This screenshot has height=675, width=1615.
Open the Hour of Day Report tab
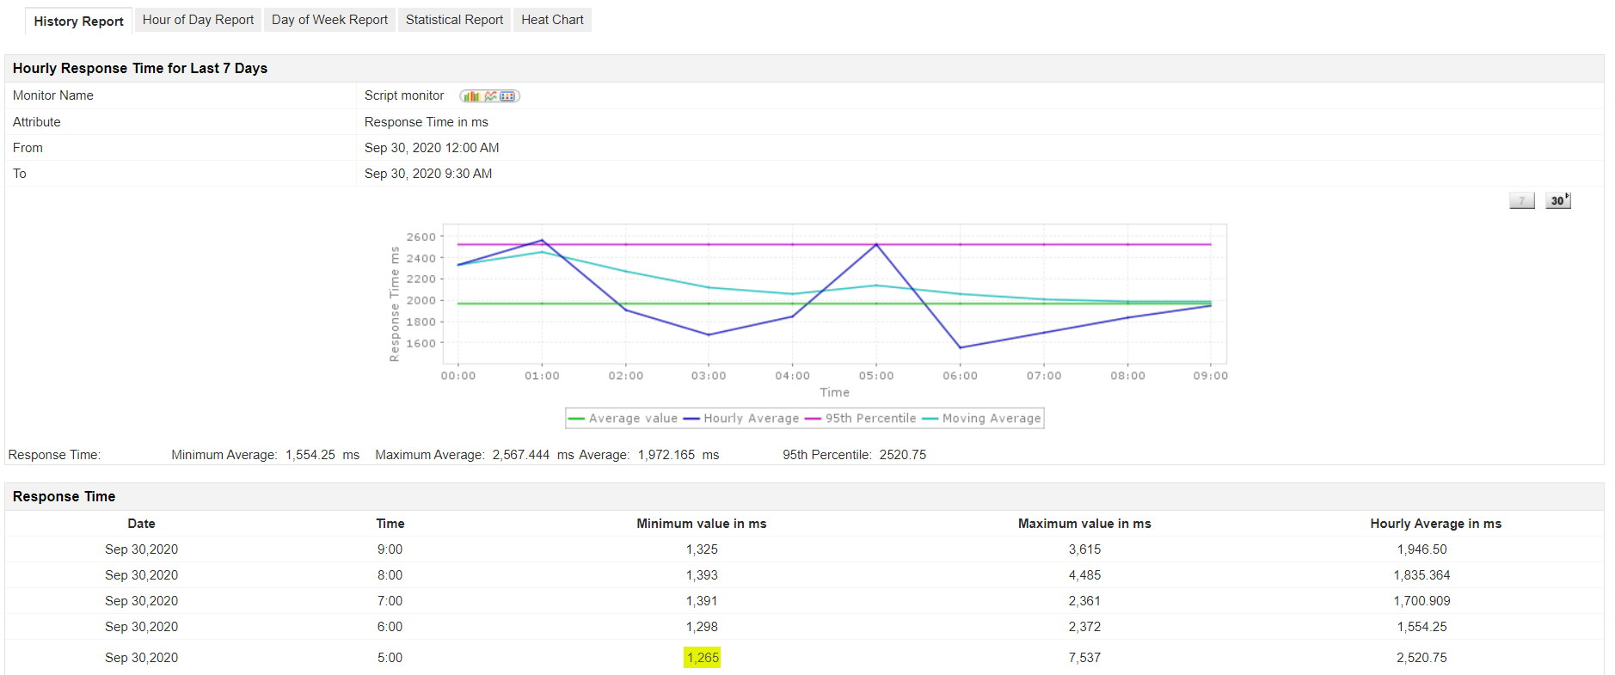[x=198, y=20]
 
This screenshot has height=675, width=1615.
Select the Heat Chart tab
[x=552, y=20]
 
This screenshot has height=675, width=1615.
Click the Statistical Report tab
[x=454, y=20]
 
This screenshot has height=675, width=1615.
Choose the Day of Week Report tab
[x=329, y=20]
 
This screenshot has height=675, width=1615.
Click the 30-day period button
[x=1557, y=200]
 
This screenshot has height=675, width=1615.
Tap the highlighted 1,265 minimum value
[x=703, y=658]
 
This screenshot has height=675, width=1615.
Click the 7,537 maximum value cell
[x=1084, y=658]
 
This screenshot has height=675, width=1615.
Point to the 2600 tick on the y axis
[x=421, y=237]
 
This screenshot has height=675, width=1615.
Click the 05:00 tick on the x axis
[x=875, y=376]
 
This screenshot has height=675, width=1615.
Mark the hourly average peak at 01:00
[x=542, y=241]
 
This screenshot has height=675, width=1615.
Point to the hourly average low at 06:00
[x=960, y=347]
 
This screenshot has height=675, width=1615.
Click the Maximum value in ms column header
[x=1084, y=524]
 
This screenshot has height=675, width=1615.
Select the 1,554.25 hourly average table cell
[x=1422, y=627]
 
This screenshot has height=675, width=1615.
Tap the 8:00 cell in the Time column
[x=390, y=575]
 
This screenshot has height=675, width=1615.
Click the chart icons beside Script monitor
[x=489, y=96]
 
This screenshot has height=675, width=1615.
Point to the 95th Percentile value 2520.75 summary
[x=902, y=455]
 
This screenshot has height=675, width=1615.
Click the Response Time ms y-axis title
[x=395, y=304]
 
